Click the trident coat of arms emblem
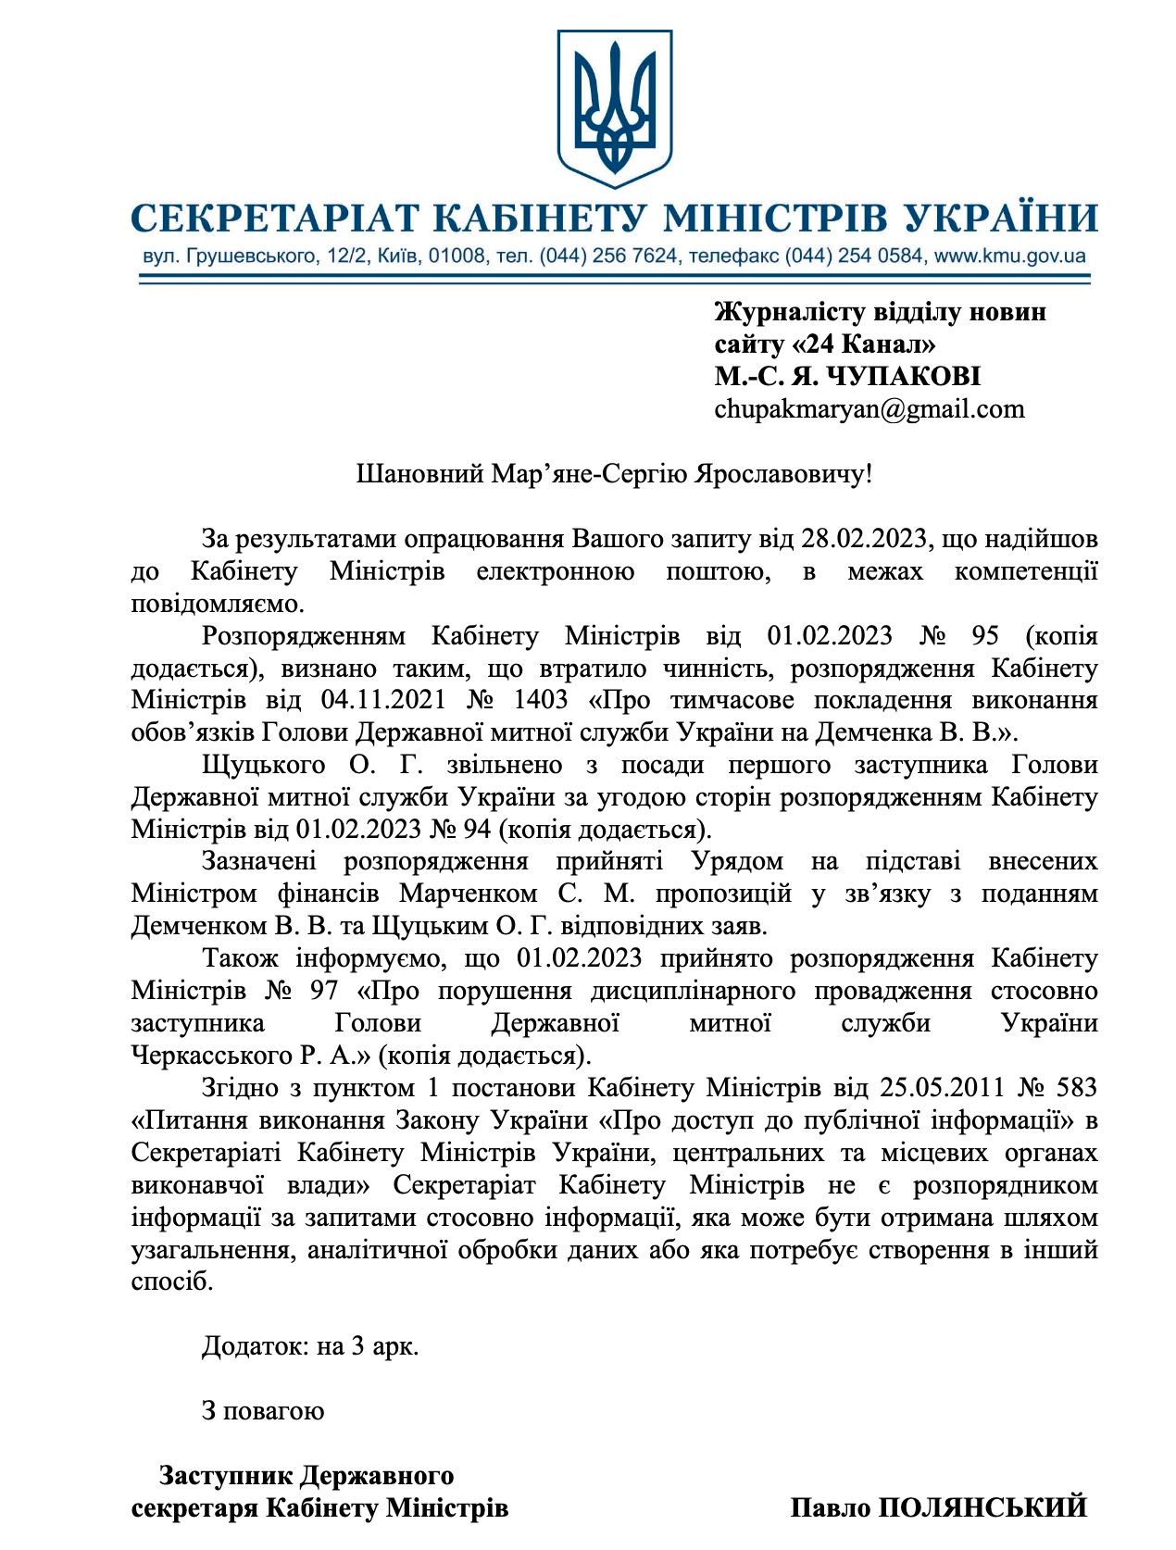[614, 106]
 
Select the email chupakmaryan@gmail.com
[869, 409]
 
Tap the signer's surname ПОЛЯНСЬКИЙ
[982, 1507]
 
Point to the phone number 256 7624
[633, 256]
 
